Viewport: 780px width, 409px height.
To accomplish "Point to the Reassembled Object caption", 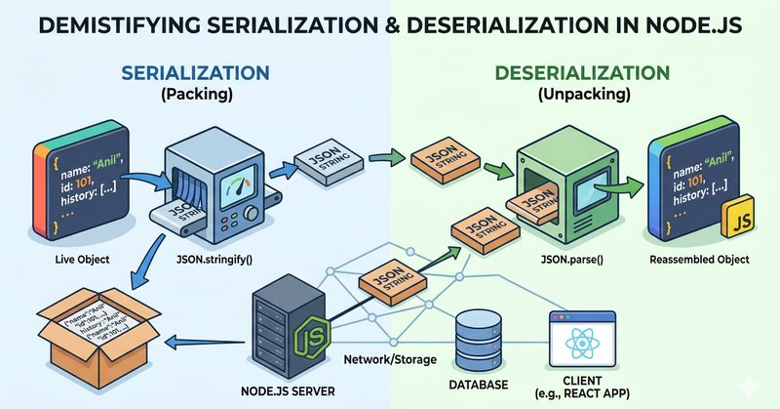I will coord(698,262).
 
